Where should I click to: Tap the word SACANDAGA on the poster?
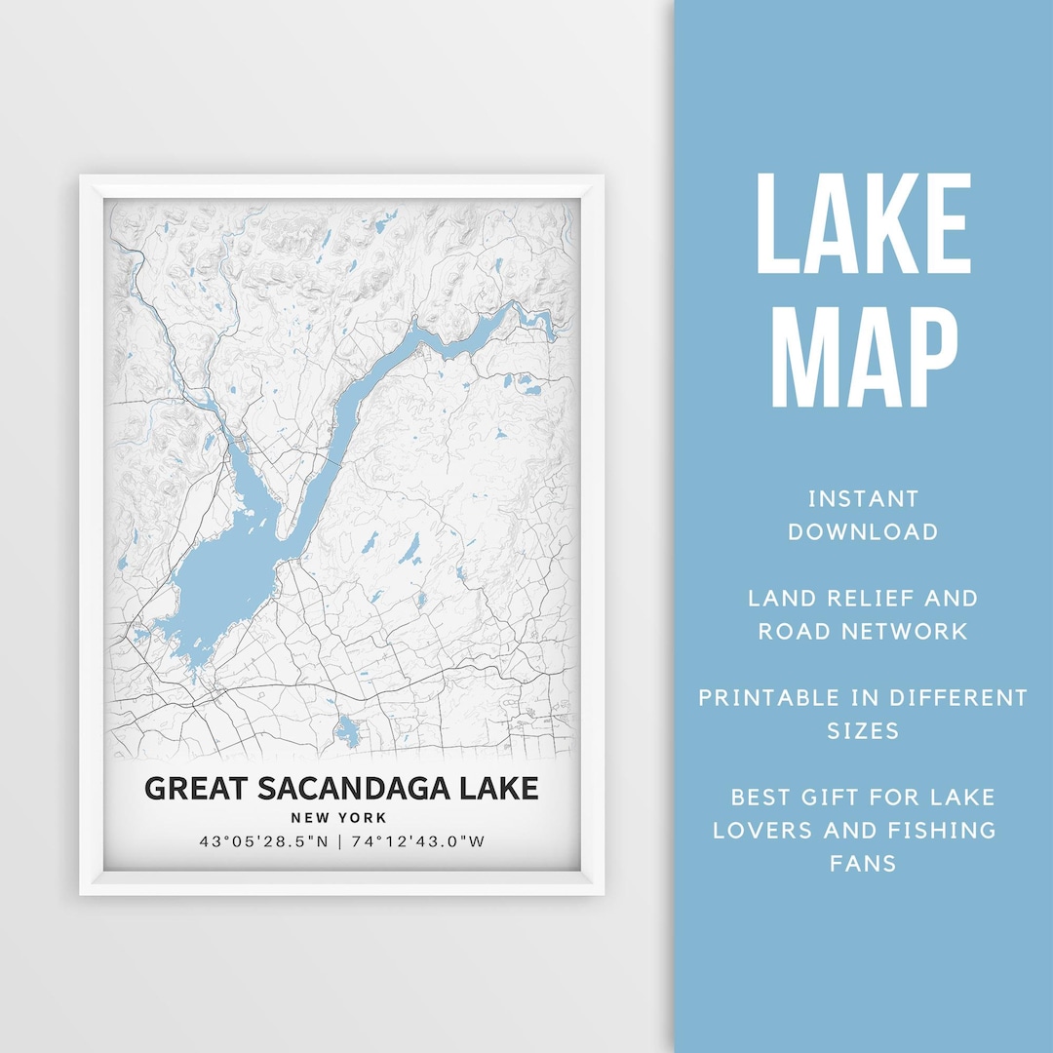point(355,788)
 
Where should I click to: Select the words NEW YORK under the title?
point(338,818)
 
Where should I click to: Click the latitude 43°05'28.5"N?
point(262,842)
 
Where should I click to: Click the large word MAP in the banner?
point(863,357)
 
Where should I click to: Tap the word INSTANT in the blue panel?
point(863,499)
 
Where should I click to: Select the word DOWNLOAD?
point(863,532)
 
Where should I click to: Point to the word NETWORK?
point(913,631)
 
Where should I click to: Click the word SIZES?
point(863,730)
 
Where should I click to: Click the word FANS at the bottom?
point(863,863)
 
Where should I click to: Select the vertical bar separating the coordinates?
point(339,842)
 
